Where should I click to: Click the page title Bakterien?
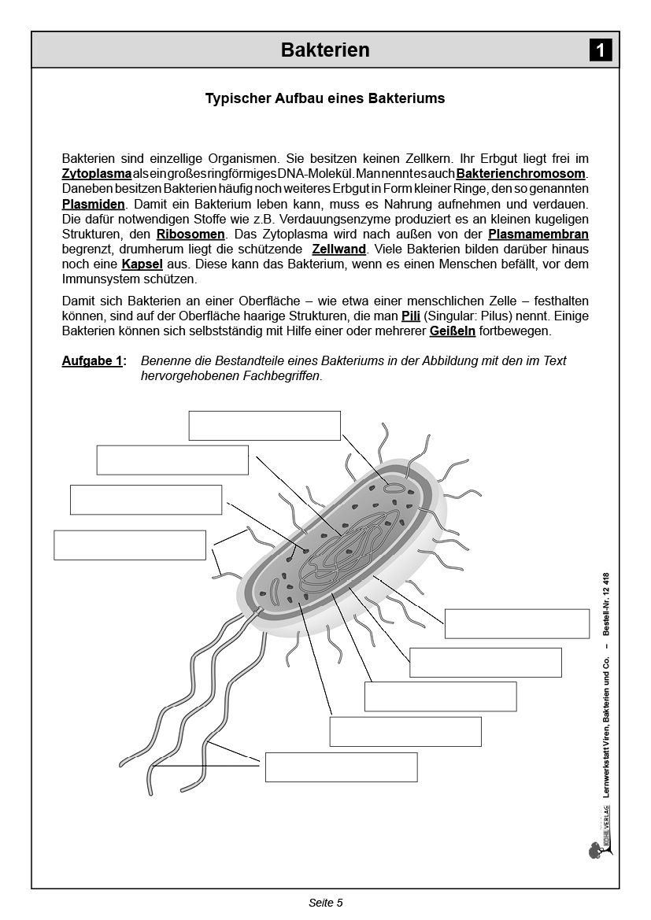tap(325, 50)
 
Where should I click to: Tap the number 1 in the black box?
tap(600, 51)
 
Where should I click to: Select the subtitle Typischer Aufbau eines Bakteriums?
tap(325, 98)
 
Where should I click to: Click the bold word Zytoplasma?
tap(96, 173)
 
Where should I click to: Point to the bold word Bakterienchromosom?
tap(521, 173)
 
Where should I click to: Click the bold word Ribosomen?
tap(191, 234)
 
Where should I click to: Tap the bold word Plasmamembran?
tap(538, 234)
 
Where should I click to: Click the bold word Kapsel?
tap(142, 264)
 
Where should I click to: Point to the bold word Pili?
tap(411, 316)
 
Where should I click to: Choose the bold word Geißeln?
tap(452, 331)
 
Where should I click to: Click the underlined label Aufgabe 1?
tap(94, 360)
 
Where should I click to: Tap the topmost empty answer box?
tap(264, 425)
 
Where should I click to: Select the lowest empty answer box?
tap(341, 767)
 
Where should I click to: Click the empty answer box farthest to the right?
tap(516, 623)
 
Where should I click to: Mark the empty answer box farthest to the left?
tap(130, 545)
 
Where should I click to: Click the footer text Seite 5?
tap(325, 903)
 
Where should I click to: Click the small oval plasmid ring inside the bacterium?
tap(392, 488)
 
